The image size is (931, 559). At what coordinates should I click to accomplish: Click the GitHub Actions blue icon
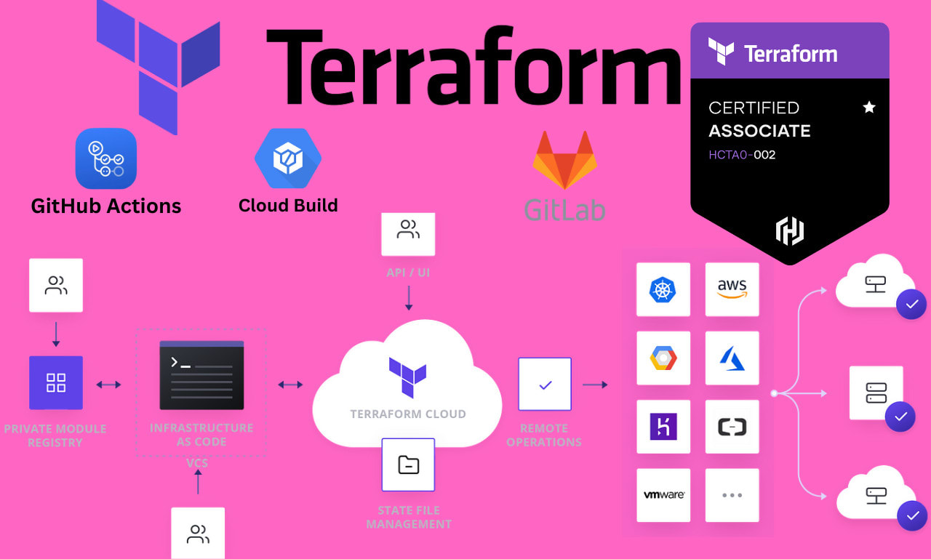(106, 158)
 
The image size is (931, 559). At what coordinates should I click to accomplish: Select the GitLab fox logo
(564, 161)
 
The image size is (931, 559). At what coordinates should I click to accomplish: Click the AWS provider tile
(732, 289)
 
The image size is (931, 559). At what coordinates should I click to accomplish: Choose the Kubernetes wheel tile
(663, 289)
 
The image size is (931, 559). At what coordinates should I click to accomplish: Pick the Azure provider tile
(732, 358)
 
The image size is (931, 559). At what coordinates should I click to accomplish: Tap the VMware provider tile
(663, 495)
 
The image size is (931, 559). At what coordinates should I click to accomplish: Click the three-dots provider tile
(732, 495)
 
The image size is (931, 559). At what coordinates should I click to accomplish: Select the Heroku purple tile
(663, 427)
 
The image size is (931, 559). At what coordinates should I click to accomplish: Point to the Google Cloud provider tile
(663, 358)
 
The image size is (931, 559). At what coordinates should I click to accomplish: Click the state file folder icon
(408, 465)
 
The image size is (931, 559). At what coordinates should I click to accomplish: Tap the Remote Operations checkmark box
(545, 385)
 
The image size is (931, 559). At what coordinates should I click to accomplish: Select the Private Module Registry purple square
(56, 382)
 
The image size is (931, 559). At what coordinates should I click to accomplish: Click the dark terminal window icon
(201, 375)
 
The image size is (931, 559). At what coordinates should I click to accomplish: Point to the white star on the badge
(868, 108)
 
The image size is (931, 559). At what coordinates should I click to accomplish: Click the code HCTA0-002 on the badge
(742, 155)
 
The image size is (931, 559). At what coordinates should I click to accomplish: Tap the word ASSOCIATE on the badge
(759, 131)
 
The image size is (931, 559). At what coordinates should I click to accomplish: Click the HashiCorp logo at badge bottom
(789, 231)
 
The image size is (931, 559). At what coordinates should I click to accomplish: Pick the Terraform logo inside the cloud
(407, 377)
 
